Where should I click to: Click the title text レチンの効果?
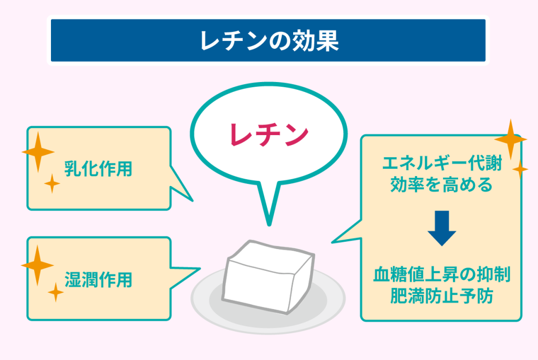tap(268, 42)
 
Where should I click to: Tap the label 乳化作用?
tap(98, 169)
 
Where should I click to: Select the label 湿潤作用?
tap(98, 279)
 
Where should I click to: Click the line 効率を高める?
tap(441, 185)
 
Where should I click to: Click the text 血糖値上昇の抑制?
tap(441, 274)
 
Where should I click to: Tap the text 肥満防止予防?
tap(441, 296)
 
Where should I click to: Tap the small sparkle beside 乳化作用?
tap(52, 183)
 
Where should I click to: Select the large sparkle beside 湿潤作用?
tap(37, 265)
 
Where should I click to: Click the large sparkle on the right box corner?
tap(510, 139)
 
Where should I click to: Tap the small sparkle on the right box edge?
tap(520, 169)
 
